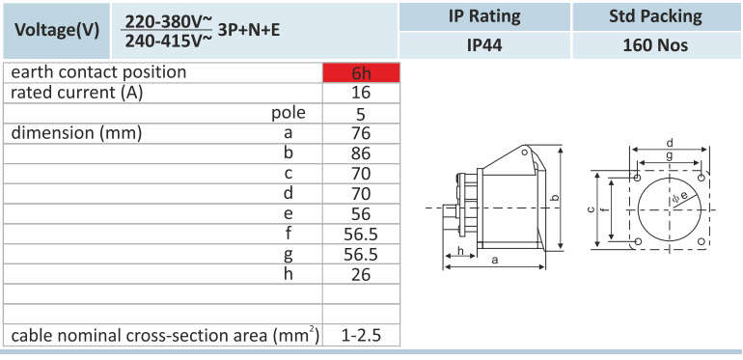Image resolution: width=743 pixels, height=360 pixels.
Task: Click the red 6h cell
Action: (361, 73)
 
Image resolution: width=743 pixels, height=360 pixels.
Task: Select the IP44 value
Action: (484, 45)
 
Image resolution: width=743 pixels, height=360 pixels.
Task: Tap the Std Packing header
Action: (655, 16)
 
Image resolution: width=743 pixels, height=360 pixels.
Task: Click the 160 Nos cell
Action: (655, 45)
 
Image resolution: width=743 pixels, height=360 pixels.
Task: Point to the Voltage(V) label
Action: (57, 30)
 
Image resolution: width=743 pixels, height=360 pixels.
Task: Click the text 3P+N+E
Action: (249, 30)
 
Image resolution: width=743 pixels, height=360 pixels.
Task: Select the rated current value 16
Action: (361, 93)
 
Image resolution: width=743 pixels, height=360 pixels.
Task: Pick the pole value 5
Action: (361, 114)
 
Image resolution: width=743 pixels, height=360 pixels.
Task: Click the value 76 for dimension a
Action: (361, 133)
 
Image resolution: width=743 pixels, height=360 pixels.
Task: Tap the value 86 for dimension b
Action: (361, 153)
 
